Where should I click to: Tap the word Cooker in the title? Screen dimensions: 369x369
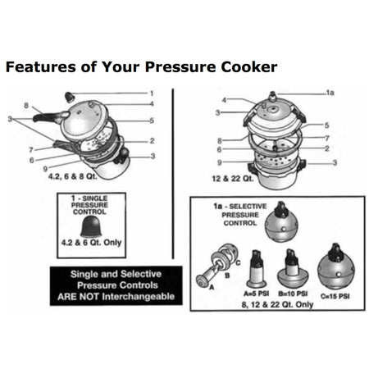[x=243, y=66]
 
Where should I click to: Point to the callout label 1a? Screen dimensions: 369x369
[x=330, y=93]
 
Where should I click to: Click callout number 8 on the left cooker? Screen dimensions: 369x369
[x=26, y=105]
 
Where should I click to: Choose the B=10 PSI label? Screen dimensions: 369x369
[x=292, y=291]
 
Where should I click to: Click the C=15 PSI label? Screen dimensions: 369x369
[x=335, y=291]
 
